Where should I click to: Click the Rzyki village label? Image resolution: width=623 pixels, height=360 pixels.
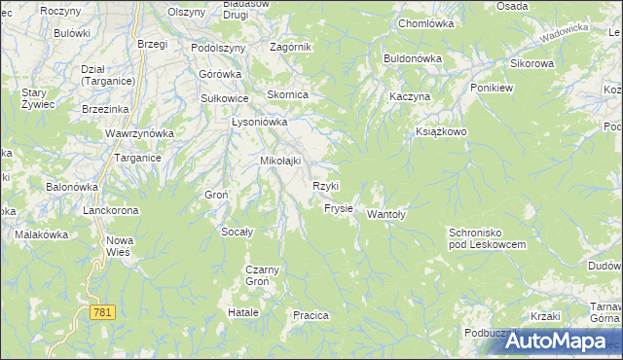[325, 186]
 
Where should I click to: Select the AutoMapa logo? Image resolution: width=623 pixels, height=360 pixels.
[557, 341]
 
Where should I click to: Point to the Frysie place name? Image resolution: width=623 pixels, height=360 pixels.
[338, 209]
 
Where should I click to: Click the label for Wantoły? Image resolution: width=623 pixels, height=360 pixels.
[385, 215]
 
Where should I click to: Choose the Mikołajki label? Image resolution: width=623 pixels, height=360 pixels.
[280, 161]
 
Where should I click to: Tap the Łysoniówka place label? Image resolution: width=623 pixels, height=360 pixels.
[259, 123]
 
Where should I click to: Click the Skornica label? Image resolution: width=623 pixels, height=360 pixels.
[288, 95]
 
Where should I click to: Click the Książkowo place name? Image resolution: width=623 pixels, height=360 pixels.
[442, 130]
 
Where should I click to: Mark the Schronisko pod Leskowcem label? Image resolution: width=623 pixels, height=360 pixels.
[487, 238]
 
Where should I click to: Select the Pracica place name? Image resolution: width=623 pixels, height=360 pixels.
[311, 315]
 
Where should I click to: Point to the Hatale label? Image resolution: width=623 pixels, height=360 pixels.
[243, 313]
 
